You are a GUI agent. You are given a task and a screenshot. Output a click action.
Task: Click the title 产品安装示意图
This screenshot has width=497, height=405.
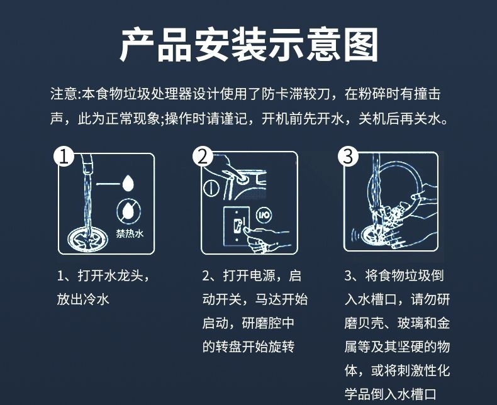click(x=249, y=45)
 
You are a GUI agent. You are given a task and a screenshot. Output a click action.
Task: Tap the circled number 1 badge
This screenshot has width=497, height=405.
click(x=64, y=156)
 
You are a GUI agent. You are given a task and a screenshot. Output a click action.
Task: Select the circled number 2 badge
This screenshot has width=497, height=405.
click(x=203, y=156)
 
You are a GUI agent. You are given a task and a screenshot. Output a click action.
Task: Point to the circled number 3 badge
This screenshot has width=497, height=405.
click(x=348, y=156)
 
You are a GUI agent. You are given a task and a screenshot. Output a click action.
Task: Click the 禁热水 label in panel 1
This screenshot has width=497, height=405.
click(x=130, y=233)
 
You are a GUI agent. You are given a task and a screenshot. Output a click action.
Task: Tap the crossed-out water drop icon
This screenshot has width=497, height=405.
click(x=129, y=211)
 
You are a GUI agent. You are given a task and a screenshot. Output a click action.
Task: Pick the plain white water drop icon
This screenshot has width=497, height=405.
click(x=128, y=183)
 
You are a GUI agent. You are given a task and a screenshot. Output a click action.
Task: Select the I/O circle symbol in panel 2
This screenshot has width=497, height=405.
click(x=264, y=216)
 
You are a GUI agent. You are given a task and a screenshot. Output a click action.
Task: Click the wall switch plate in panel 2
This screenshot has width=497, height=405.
click(x=237, y=226)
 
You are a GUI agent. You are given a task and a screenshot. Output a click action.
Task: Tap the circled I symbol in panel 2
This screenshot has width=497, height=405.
click(x=211, y=187)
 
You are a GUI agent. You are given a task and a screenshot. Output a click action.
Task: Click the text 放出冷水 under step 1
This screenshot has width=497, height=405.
click(x=83, y=299)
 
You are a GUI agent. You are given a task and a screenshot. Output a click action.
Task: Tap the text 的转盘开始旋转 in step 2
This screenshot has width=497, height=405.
click(x=248, y=347)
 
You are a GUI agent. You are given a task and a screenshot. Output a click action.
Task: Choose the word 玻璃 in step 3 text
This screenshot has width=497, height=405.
click(x=410, y=323)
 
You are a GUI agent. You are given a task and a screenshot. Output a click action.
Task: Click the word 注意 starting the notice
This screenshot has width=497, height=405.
click(x=64, y=94)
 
